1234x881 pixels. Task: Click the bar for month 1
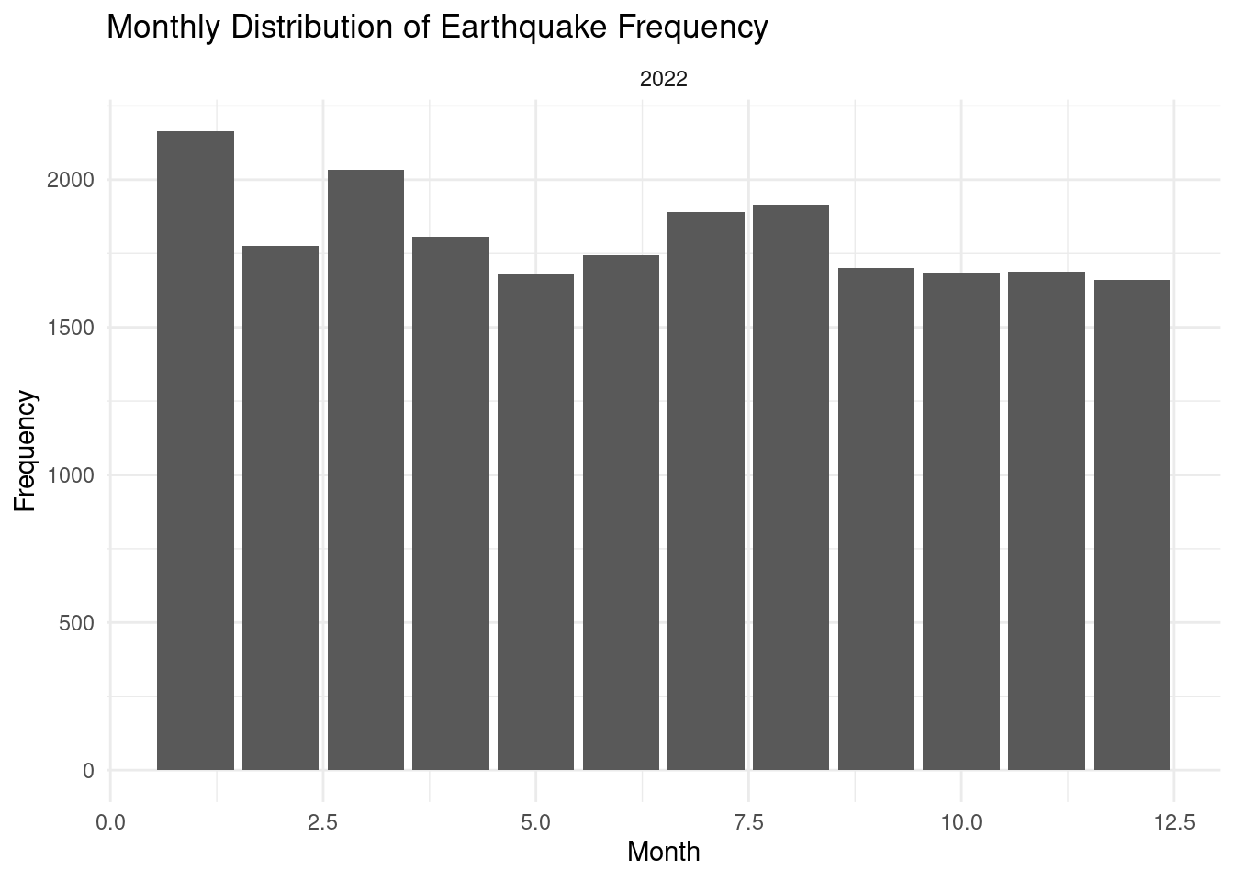click(x=196, y=451)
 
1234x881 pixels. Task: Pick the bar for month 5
click(x=535, y=522)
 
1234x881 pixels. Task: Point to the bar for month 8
click(x=791, y=487)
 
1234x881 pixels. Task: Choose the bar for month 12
click(x=1131, y=525)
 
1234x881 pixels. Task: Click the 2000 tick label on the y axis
click(x=71, y=180)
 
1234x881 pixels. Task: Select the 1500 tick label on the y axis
click(x=71, y=328)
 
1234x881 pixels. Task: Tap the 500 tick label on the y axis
click(x=76, y=623)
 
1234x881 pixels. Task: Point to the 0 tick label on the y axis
click(x=88, y=771)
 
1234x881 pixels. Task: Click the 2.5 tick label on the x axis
click(x=323, y=822)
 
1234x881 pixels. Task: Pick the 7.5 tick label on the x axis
click(x=748, y=822)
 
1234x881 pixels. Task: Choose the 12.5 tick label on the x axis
click(x=1173, y=822)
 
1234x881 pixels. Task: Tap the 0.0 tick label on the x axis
click(x=111, y=822)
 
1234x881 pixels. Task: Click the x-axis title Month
click(x=663, y=853)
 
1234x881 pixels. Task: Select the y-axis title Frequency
click(x=27, y=451)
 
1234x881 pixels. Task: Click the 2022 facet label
click(x=663, y=80)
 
